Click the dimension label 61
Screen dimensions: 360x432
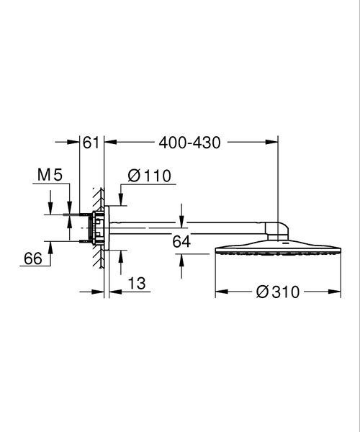click(x=91, y=143)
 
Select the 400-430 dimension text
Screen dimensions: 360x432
click(x=190, y=143)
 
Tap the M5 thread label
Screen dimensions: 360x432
click(x=50, y=175)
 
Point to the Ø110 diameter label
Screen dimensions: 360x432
click(x=149, y=176)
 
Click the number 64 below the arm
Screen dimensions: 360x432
click(x=181, y=242)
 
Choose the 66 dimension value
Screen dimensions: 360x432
click(x=33, y=258)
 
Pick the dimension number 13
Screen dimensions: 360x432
click(x=137, y=283)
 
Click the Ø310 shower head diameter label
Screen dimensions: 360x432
click(x=278, y=292)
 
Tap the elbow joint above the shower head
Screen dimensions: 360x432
click(x=277, y=231)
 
